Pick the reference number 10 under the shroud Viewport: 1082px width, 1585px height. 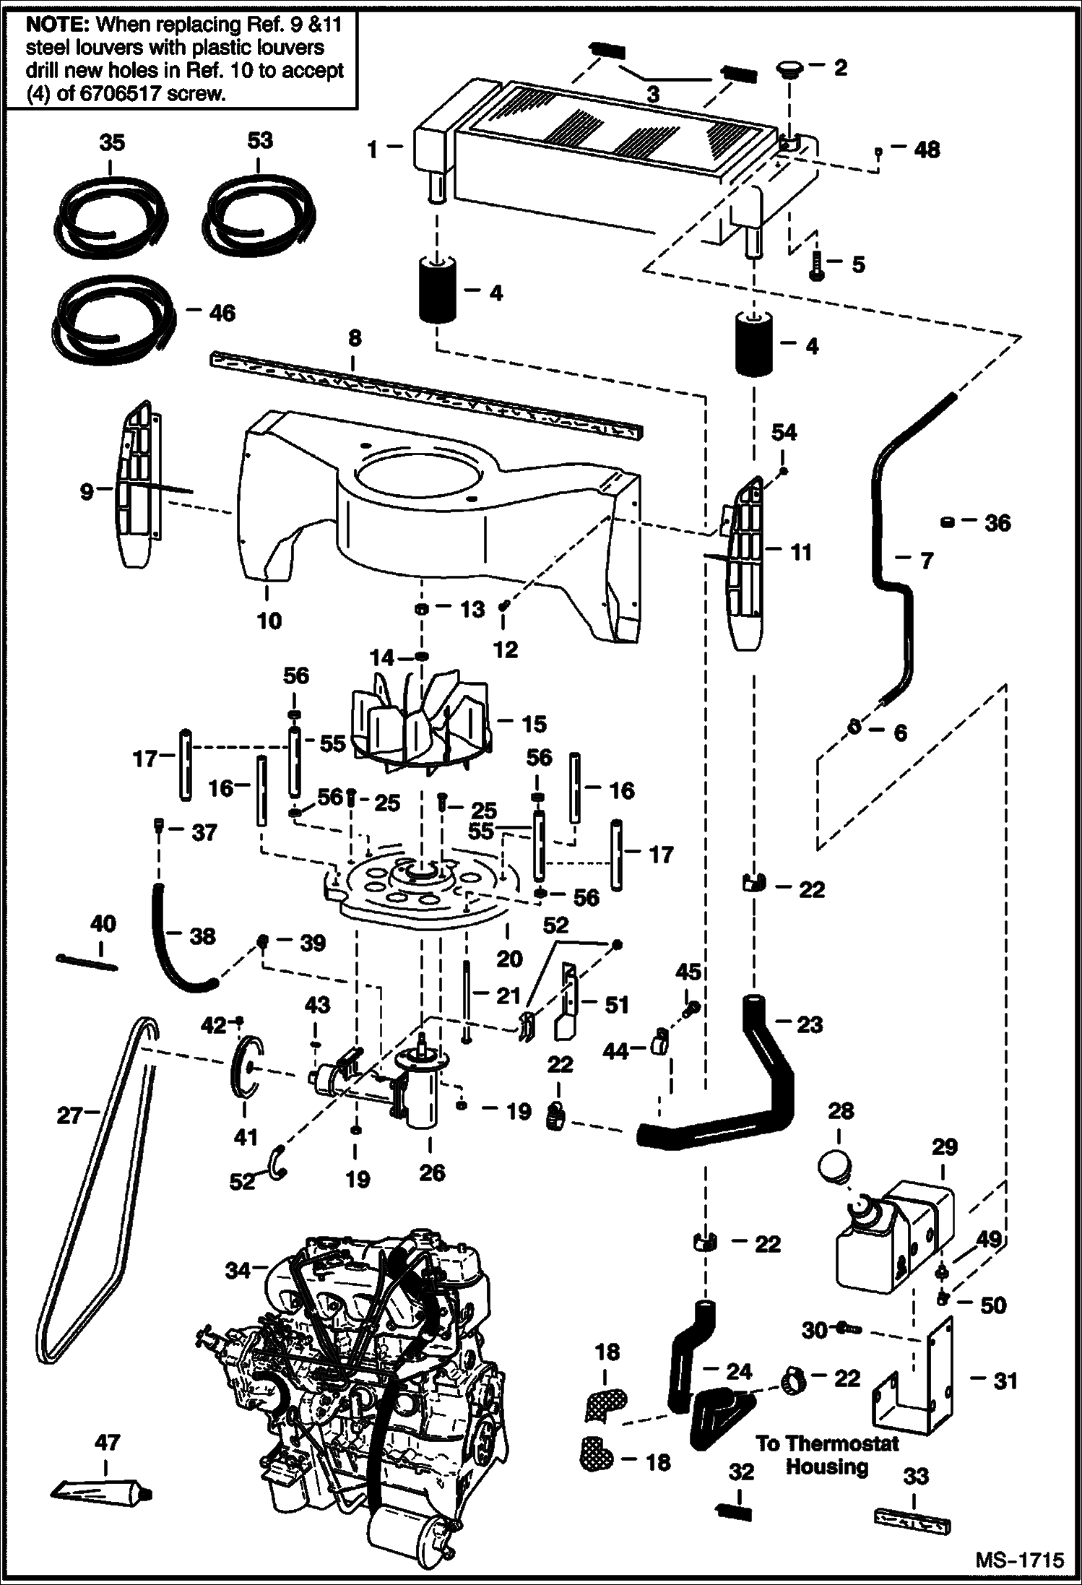click(x=269, y=621)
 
